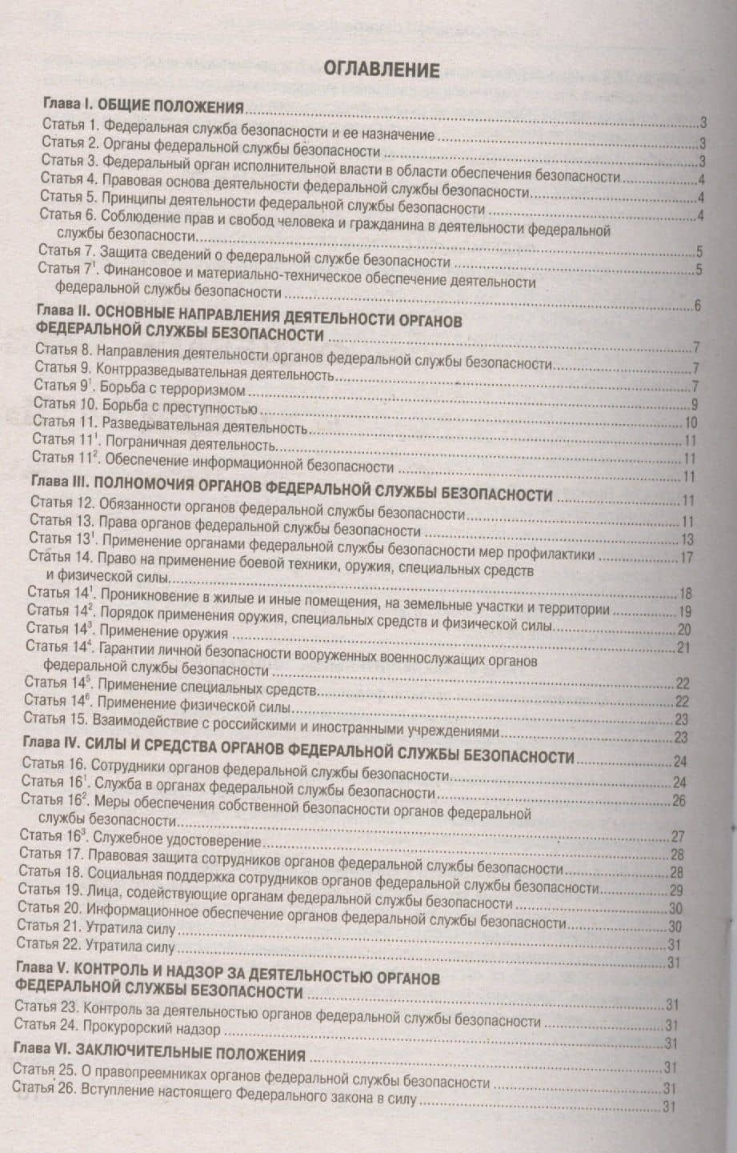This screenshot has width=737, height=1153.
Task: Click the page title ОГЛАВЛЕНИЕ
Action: pyautogui.click(x=381, y=70)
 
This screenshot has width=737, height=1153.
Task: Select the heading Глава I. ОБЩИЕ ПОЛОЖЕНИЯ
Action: pyautogui.click(x=142, y=107)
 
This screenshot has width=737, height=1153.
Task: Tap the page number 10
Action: pyautogui.click(x=691, y=423)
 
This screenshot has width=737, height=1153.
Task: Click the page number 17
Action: pyautogui.click(x=686, y=557)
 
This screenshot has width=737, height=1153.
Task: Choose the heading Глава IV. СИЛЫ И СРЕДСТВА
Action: pyautogui.click(x=297, y=756)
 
